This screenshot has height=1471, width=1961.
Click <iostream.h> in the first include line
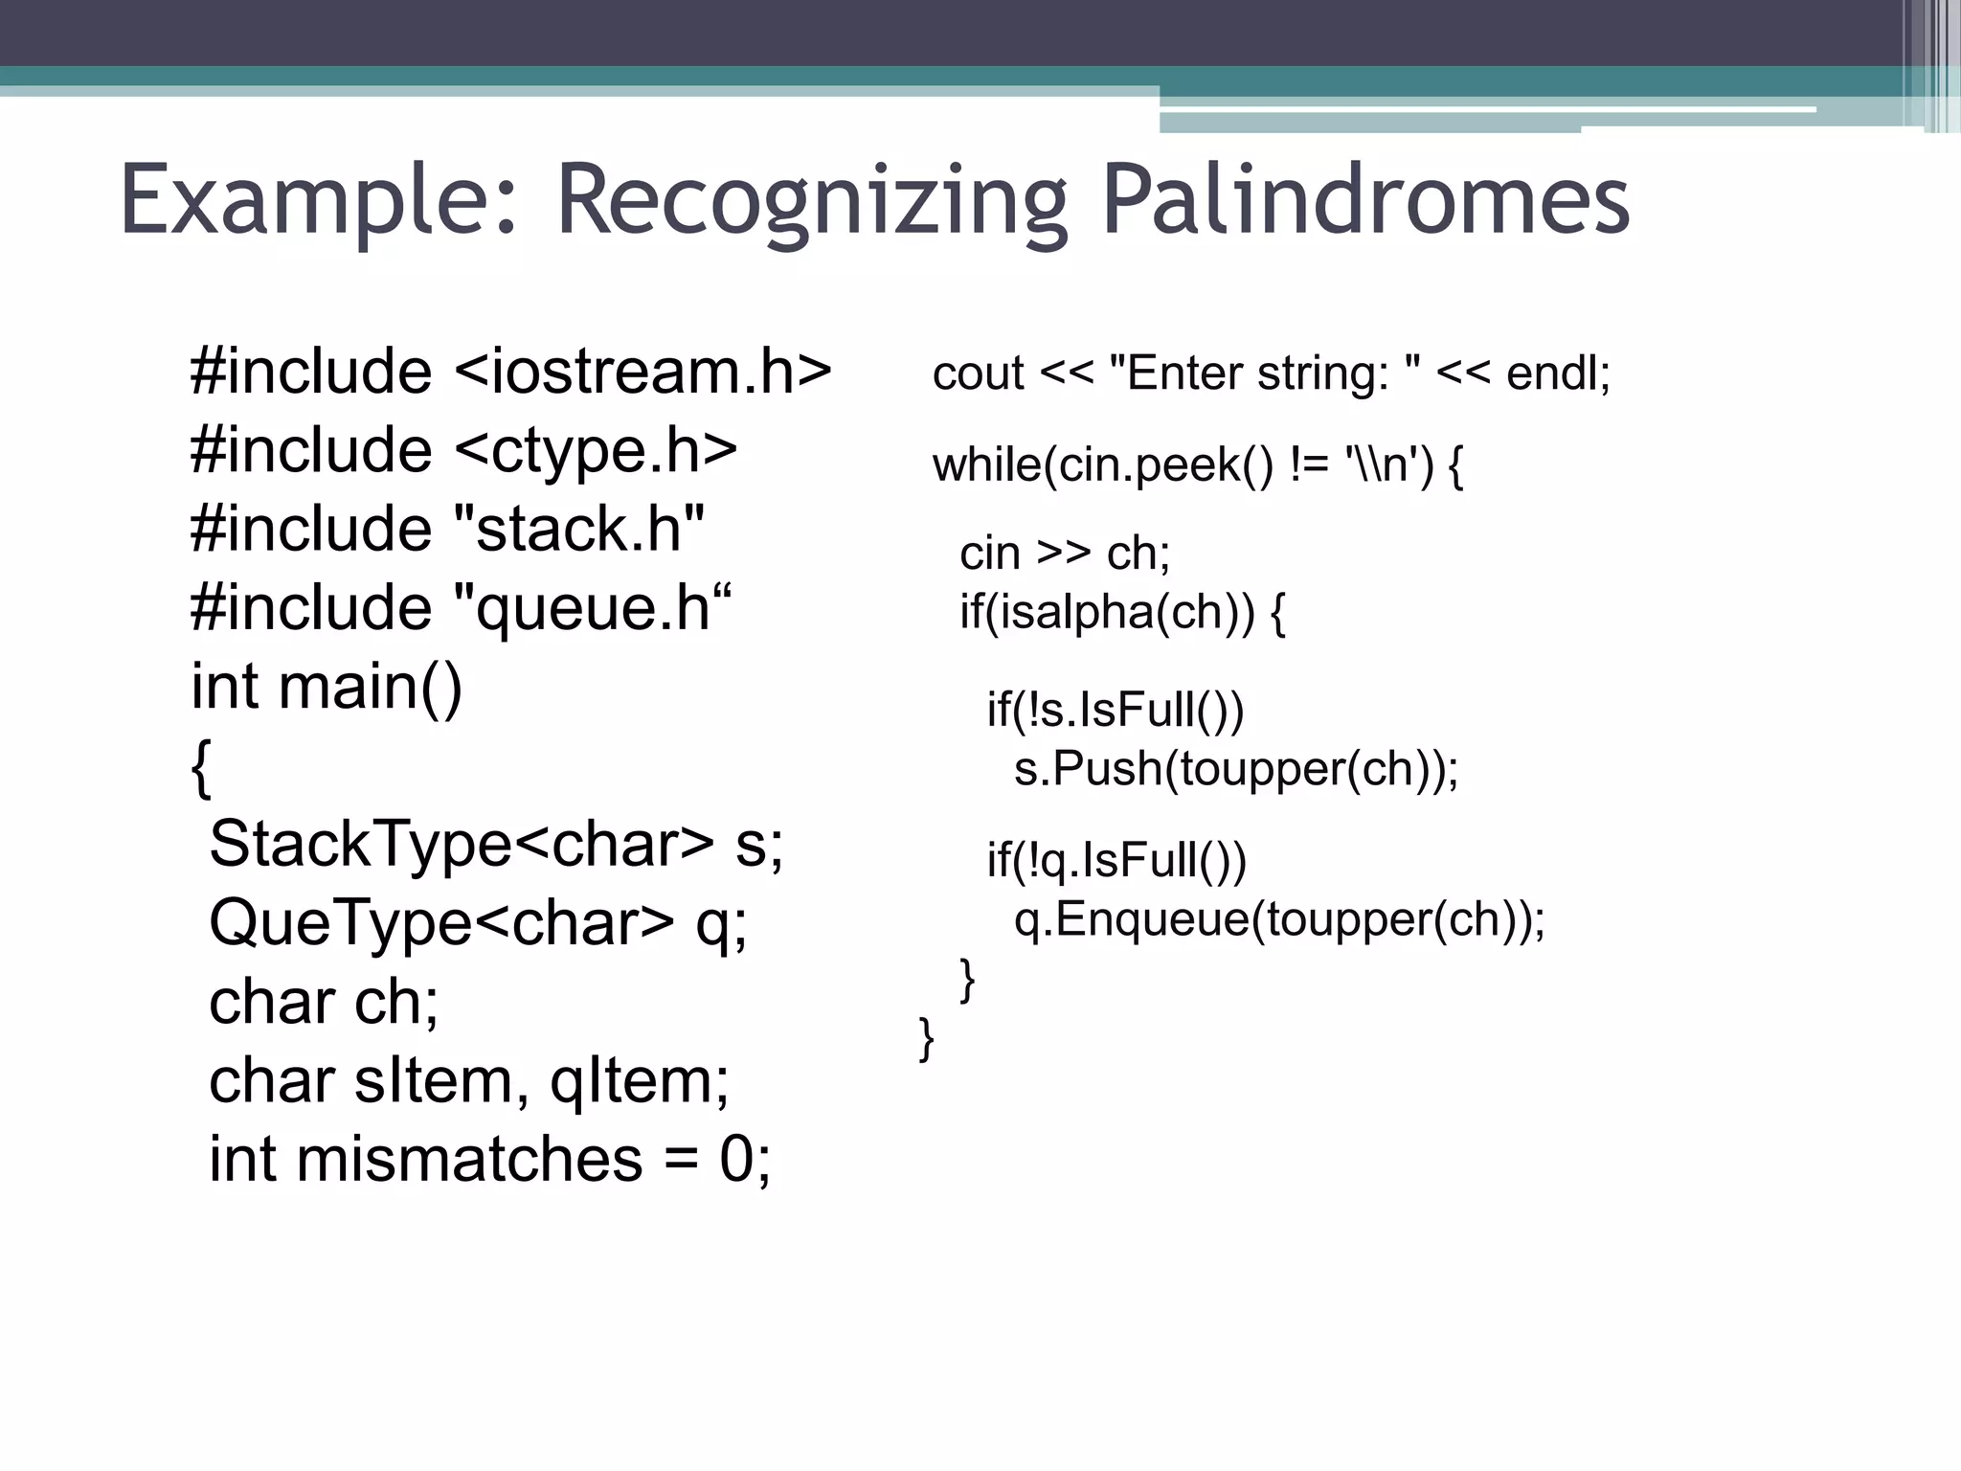(x=642, y=372)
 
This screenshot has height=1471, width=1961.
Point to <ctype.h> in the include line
(x=595, y=450)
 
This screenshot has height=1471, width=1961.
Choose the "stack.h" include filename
(x=577, y=529)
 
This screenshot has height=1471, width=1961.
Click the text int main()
(x=327, y=687)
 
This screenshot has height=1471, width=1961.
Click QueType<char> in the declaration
(x=441, y=923)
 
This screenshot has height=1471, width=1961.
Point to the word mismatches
(x=468, y=1159)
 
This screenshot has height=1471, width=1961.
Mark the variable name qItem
(x=639, y=1080)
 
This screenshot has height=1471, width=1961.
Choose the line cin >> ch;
(x=1065, y=554)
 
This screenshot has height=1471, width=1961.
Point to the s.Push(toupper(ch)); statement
(x=1236, y=769)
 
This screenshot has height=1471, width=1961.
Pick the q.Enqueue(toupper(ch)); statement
(x=1279, y=919)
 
